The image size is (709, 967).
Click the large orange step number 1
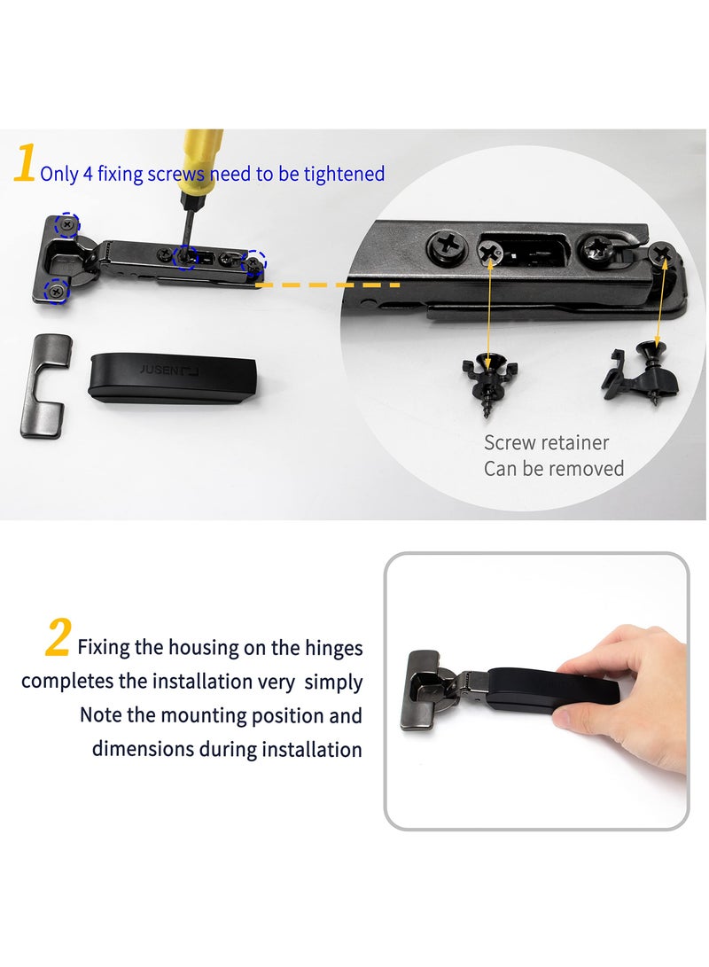(x=25, y=165)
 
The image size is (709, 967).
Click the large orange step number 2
(x=58, y=639)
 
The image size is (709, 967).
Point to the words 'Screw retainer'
(x=546, y=442)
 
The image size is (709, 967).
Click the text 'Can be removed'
(x=553, y=468)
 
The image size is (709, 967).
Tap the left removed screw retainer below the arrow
(x=487, y=378)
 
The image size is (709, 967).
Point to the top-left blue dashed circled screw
(x=66, y=225)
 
